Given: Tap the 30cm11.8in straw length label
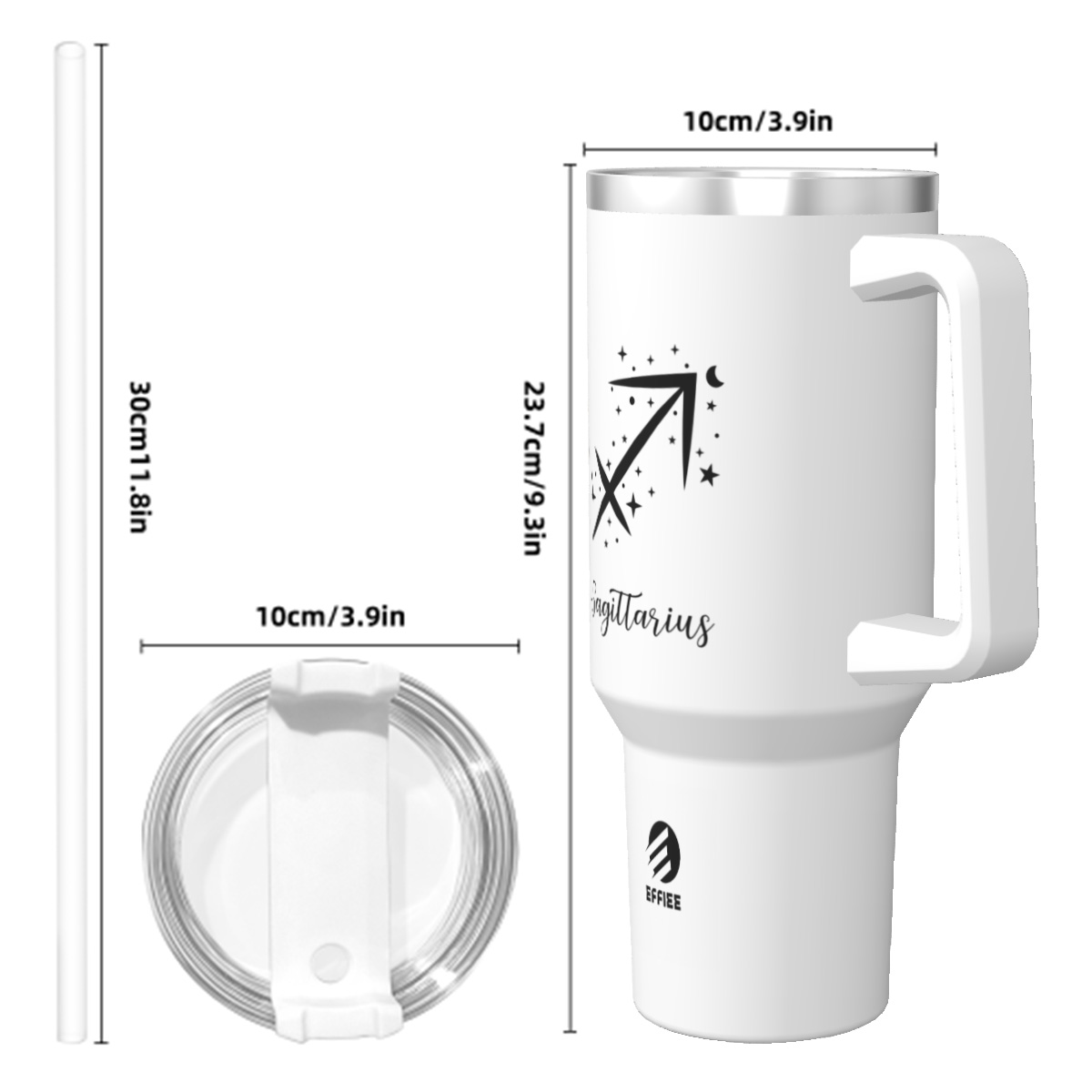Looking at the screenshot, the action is point(139,457).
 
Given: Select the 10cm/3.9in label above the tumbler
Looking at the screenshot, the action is point(758,122).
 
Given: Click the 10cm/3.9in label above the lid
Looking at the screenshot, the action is point(331,617).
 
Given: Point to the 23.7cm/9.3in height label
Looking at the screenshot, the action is point(534,468).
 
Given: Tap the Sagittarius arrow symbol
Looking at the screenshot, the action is point(643,455).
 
